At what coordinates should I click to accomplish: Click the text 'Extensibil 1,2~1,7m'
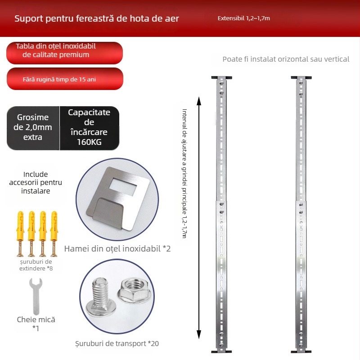(243, 18)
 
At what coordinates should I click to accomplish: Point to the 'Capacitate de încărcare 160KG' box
(89, 128)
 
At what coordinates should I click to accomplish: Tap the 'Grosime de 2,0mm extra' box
(33, 127)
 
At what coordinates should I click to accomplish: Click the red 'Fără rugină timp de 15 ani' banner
(65, 79)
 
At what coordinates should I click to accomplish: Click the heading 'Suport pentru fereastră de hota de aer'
(97, 18)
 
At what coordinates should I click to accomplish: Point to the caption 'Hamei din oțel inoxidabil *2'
(117, 248)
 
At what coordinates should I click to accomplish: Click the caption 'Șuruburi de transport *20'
(117, 344)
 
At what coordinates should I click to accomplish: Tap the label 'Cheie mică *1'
(36, 324)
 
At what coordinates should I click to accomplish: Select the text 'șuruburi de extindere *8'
(36, 265)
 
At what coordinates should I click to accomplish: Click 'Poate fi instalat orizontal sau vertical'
(286, 59)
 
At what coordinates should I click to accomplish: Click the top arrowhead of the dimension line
(199, 100)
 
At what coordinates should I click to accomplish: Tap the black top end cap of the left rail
(220, 76)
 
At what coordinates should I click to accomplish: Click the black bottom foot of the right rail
(300, 351)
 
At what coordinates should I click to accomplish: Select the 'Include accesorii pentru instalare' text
(36, 182)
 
